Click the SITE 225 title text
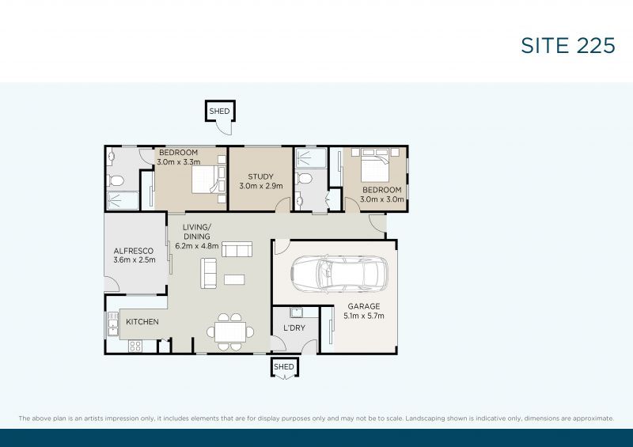(x=567, y=46)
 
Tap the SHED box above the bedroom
(x=219, y=112)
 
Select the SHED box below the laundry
(x=283, y=367)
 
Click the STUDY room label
(x=260, y=176)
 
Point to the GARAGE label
(x=364, y=306)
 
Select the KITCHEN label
(x=142, y=322)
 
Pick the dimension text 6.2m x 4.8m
(x=197, y=246)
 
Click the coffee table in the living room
(x=234, y=279)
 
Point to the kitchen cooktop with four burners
(x=135, y=345)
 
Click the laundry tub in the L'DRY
(x=298, y=311)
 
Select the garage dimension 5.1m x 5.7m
(x=364, y=316)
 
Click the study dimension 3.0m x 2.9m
(x=260, y=187)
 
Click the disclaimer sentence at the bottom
(x=316, y=418)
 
